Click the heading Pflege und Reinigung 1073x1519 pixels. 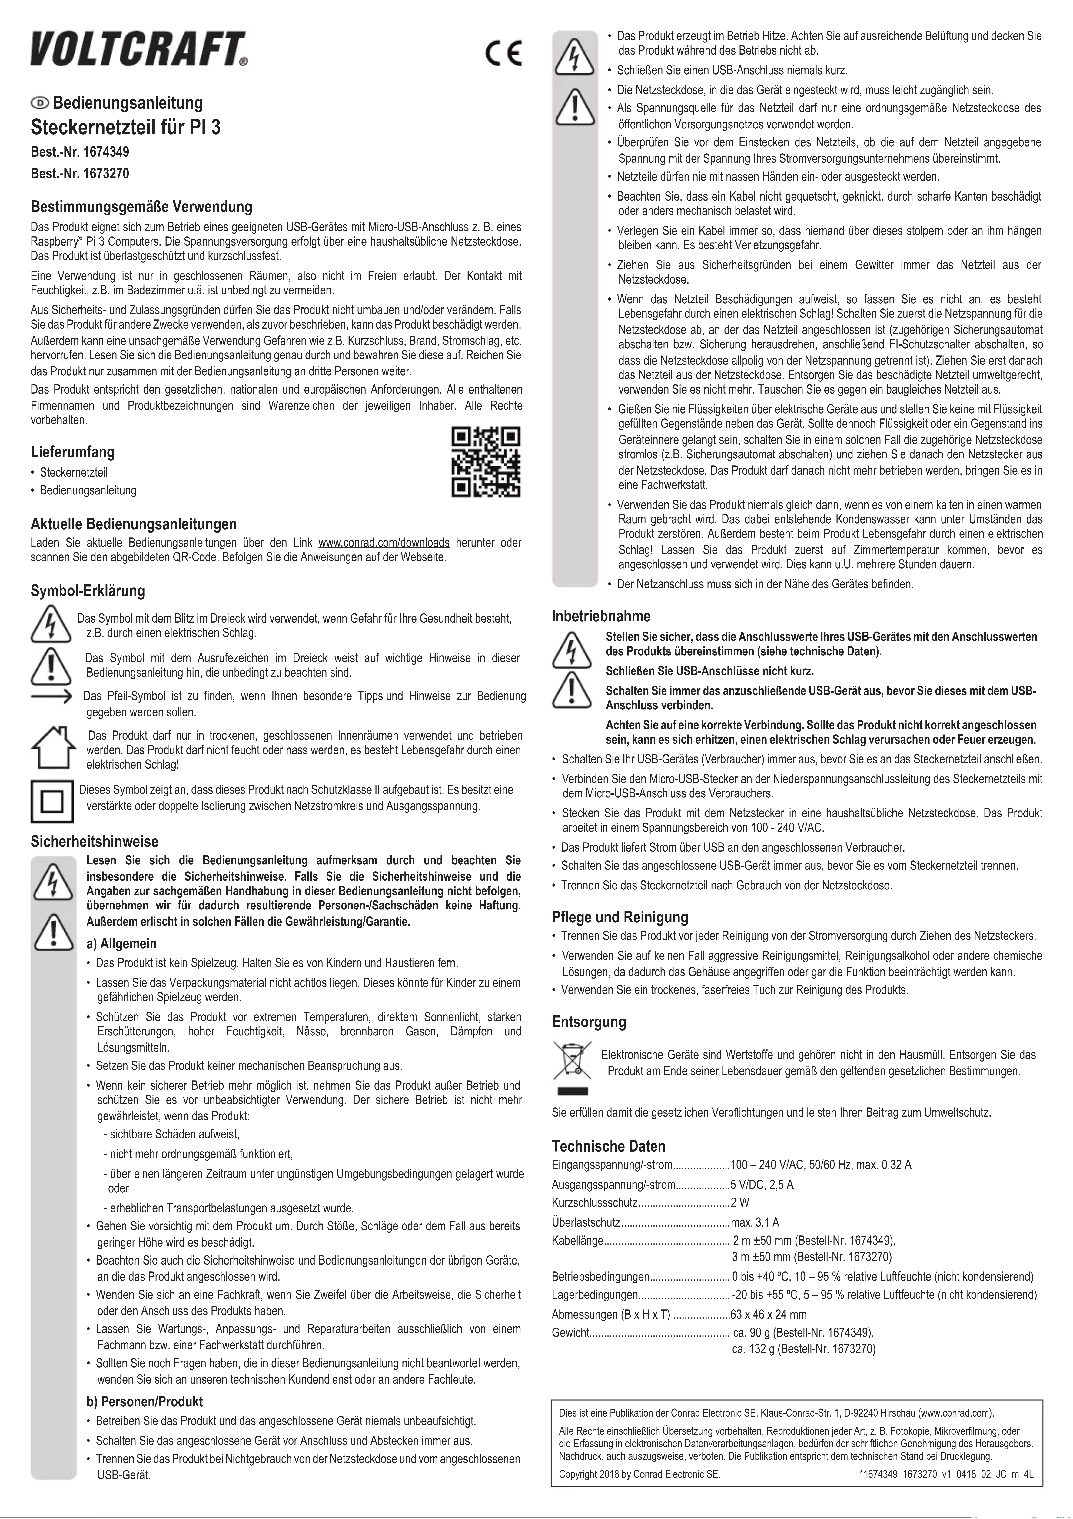coord(620,917)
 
